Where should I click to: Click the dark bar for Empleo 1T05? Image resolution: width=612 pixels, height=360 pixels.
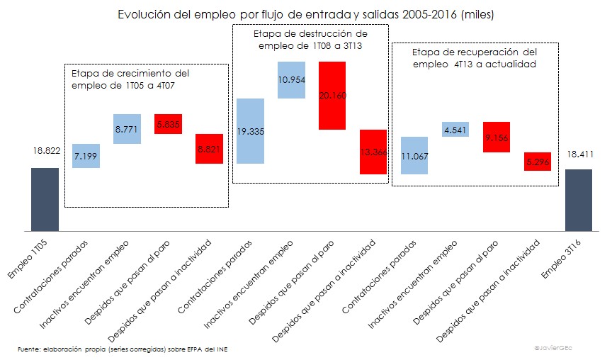tap(45, 199)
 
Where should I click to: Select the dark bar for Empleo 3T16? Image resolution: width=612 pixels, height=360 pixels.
tap(578, 200)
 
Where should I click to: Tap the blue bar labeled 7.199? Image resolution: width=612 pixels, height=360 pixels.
tap(86, 155)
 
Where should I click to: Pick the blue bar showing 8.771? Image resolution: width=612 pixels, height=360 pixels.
tap(127, 129)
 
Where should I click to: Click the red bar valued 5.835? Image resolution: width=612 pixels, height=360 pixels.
tap(169, 123)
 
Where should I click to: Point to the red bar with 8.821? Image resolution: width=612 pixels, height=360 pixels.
tap(210, 149)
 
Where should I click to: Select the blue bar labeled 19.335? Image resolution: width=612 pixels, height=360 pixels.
tap(251, 131)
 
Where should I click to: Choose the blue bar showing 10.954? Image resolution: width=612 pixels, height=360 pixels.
tap(292, 79)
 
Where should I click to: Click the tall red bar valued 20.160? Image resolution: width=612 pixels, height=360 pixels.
tap(332, 96)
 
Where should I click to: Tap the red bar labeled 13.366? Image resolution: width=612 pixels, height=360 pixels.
tap(373, 152)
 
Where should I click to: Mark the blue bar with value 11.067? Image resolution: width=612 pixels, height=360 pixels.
tap(414, 155)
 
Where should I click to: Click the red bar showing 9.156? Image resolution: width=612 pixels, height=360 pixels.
tap(496, 137)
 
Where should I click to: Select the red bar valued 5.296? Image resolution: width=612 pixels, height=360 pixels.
tap(537, 161)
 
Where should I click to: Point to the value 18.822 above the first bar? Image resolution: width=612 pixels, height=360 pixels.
tap(45, 151)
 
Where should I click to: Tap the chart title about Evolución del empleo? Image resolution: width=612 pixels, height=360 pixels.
tap(305, 13)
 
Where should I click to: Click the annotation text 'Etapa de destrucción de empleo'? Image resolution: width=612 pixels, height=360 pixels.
tap(310, 39)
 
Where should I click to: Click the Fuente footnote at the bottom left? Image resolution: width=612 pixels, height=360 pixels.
tap(123, 349)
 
